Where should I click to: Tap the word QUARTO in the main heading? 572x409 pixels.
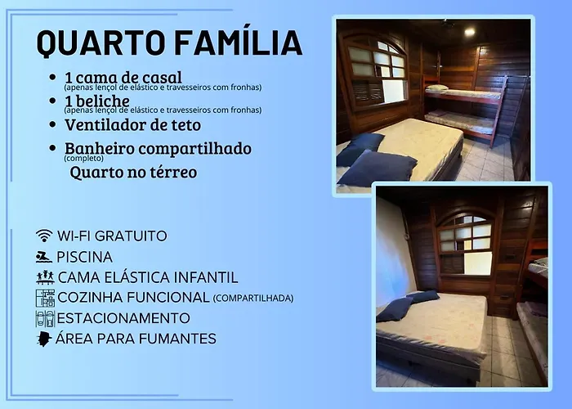101,43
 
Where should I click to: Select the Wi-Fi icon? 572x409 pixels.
44,236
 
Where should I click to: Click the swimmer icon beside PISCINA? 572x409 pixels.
44,257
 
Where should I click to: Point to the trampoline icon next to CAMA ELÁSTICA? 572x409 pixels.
45,277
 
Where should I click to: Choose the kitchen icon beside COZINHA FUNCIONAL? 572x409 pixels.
45,298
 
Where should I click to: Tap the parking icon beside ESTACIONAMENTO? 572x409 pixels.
45,318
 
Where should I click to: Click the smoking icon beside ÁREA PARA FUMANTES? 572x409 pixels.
44,339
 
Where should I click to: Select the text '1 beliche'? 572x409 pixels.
97,101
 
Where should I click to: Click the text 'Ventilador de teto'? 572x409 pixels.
132,125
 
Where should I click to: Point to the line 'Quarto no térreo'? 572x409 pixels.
133,173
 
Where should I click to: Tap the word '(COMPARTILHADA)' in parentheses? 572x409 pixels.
253,299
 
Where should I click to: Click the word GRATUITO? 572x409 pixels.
131,236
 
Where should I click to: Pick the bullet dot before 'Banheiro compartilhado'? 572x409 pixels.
52,148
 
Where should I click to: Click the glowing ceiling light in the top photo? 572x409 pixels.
470,32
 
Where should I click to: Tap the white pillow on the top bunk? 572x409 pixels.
436,88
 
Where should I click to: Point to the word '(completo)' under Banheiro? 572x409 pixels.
84,159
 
